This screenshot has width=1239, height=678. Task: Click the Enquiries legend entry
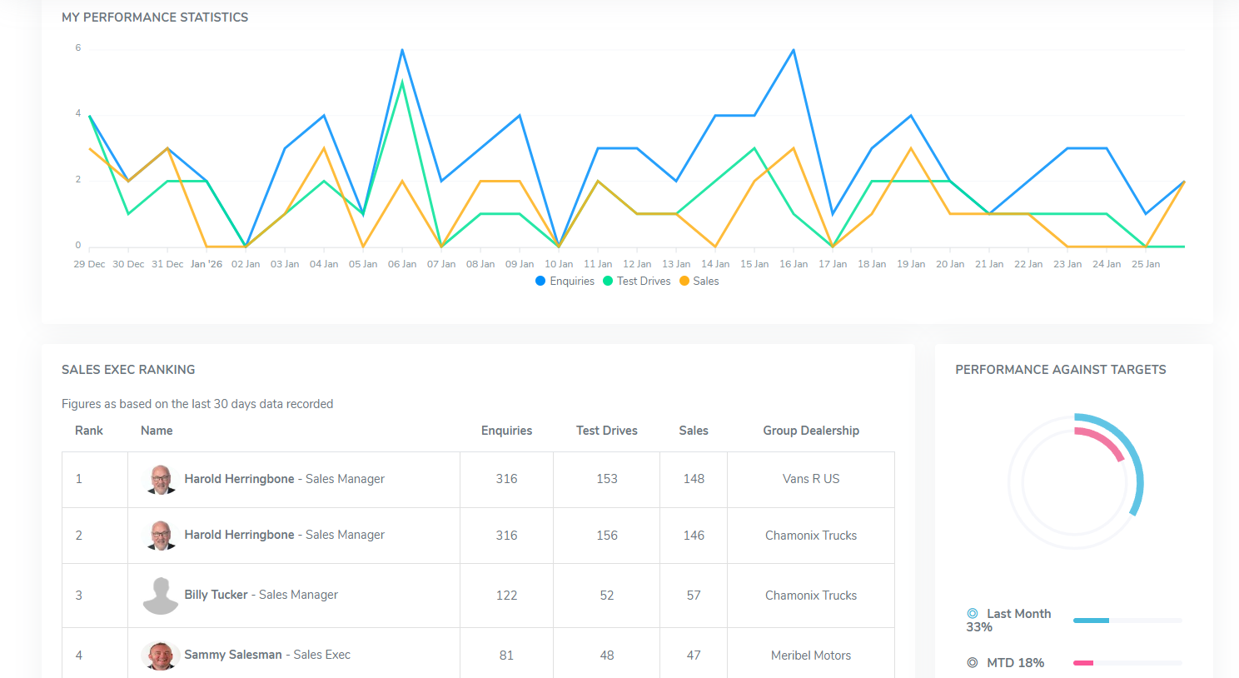click(565, 282)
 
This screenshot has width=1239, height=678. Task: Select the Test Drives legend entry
click(637, 282)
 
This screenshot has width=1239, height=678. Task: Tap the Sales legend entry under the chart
click(699, 282)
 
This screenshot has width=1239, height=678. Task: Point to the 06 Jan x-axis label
click(402, 264)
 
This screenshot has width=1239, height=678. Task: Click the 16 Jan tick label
click(794, 264)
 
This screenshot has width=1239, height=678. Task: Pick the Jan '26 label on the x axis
click(206, 264)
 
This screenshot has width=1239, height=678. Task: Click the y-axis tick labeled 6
click(78, 48)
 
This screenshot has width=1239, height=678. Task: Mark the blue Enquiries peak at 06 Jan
click(402, 50)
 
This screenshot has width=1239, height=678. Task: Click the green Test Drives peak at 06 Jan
click(402, 82)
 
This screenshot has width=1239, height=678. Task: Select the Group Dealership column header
click(811, 431)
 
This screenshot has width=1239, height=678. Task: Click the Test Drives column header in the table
click(607, 431)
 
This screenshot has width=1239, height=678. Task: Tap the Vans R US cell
click(811, 479)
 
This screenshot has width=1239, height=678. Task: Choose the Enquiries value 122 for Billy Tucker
click(506, 596)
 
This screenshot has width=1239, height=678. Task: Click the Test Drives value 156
click(607, 536)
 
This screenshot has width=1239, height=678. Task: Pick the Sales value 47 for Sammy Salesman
click(694, 656)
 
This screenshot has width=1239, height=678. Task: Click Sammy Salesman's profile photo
click(161, 656)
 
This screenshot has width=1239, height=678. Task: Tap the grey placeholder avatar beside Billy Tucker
click(161, 596)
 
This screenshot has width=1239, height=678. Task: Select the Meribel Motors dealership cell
click(811, 656)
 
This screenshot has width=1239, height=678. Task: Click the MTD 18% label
click(1015, 663)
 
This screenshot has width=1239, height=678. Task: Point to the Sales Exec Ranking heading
click(128, 370)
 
